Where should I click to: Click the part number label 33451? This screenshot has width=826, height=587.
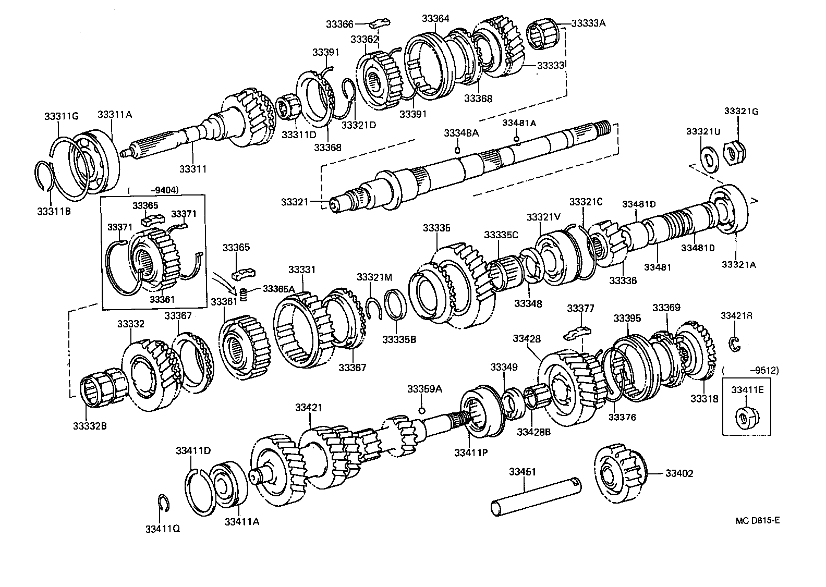[x=523, y=472]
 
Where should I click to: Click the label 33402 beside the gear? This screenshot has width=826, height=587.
[x=679, y=473]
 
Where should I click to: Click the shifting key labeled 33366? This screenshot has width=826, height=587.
[x=380, y=23]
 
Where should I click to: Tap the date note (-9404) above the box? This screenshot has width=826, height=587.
[x=154, y=190]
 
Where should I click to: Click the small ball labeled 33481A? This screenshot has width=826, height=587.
[x=516, y=138]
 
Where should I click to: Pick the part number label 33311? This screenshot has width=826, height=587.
[x=193, y=168]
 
